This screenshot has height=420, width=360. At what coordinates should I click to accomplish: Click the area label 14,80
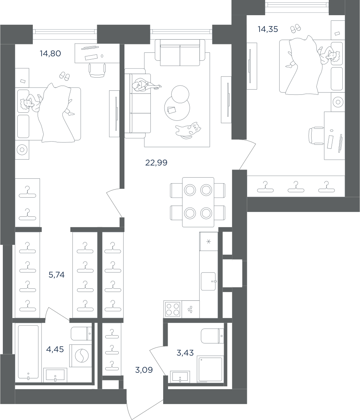(50, 54)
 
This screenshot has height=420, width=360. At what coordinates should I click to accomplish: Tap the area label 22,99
(156, 162)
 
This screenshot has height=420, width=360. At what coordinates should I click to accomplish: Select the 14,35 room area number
(268, 29)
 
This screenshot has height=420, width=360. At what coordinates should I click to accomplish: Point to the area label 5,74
(56, 275)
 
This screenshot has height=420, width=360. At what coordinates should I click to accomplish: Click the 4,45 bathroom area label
(55, 349)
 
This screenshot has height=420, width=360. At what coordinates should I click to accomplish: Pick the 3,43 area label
(185, 353)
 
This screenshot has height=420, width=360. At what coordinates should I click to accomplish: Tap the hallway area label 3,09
(144, 370)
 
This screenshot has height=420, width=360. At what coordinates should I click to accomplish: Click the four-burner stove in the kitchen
(172, 309)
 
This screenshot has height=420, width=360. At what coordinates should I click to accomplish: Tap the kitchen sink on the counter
(208, 281)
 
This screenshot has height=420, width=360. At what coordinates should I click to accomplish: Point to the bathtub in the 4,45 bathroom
(28, 353)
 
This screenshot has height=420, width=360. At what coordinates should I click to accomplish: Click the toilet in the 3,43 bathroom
(212, 336)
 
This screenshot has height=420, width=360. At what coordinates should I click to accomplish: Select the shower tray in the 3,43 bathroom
(210, 369)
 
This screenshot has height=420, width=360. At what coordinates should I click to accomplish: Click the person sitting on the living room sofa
(146, 85)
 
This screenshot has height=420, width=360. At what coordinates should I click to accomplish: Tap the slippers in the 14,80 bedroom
(64, 76)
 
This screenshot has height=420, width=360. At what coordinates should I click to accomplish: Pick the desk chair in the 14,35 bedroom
(316, 136)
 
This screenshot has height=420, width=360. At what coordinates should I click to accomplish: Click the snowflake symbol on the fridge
(209, 241)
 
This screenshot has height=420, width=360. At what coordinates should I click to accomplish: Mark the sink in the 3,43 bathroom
(180, 377)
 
